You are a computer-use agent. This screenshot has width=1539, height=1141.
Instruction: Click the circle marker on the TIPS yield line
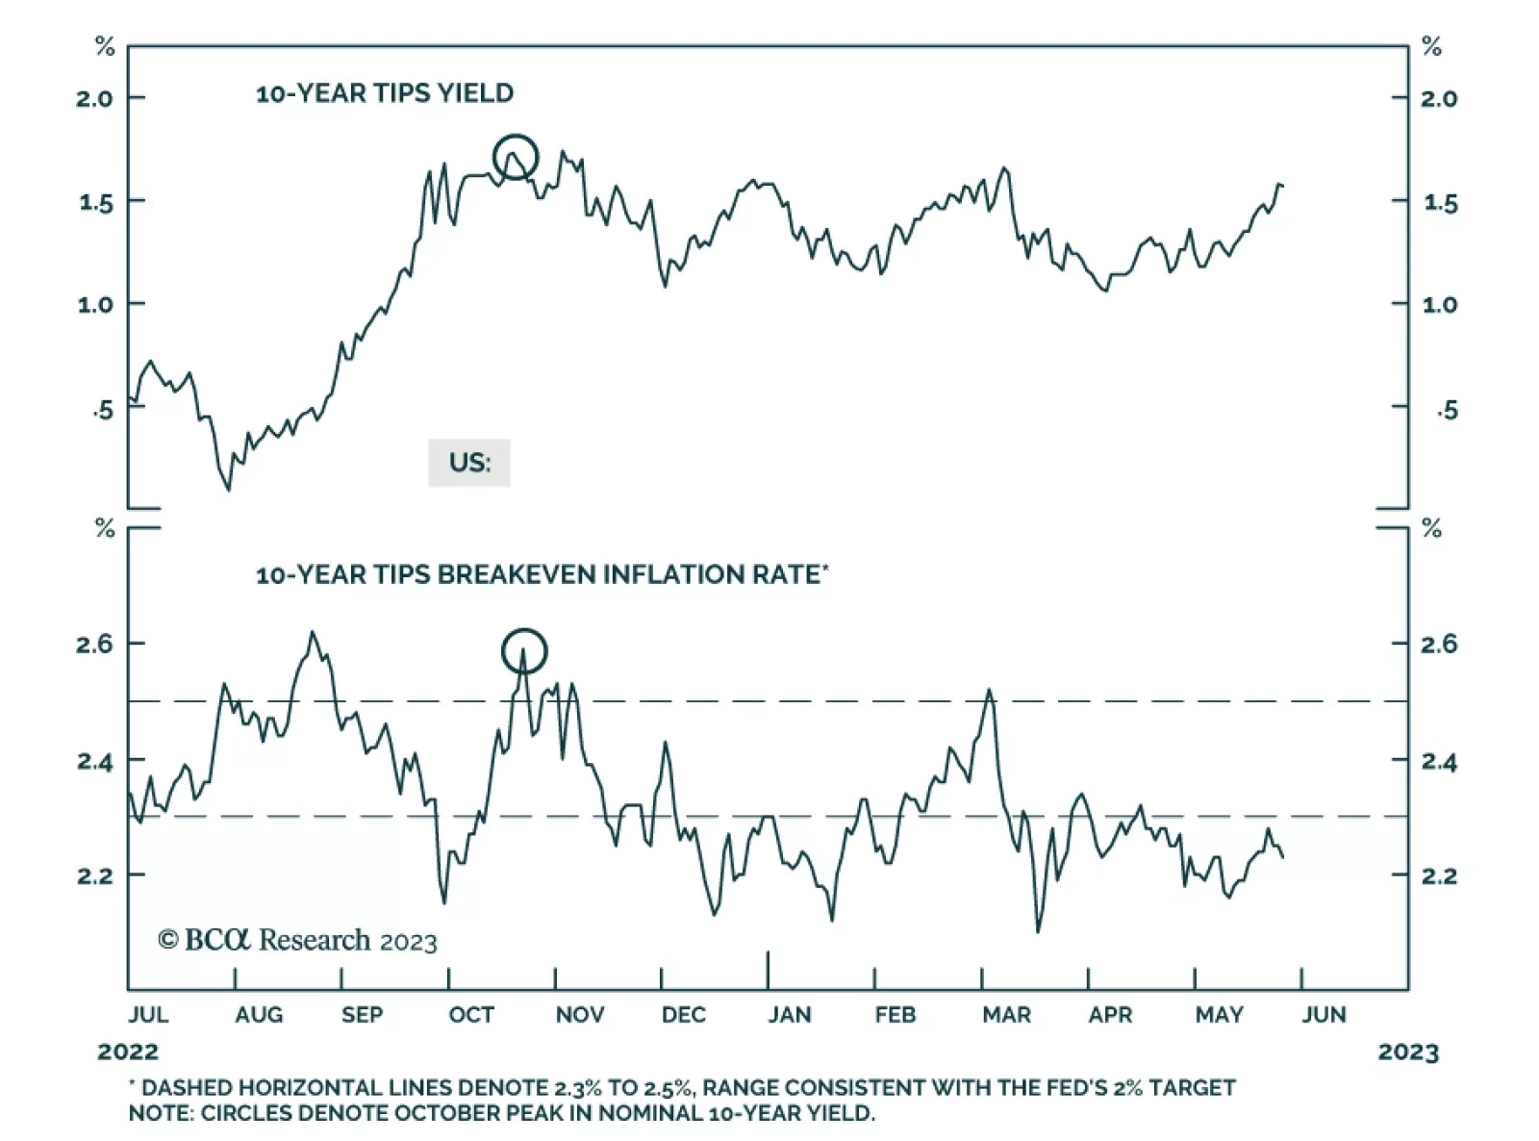click(x=516, y=158)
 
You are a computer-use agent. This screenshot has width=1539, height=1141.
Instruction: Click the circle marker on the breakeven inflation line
click(x=524, y=651)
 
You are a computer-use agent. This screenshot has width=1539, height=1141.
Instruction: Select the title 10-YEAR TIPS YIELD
click(x=385, y=93)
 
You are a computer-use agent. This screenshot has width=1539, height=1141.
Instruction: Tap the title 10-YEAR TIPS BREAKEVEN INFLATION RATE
click(x=542, y=575)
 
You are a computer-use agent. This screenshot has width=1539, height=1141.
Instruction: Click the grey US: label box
click(x=469, y=463)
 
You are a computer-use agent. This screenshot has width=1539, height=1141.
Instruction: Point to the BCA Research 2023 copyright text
click(x=298, y=940)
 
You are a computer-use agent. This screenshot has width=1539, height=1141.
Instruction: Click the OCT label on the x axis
click(x=471, y=1015)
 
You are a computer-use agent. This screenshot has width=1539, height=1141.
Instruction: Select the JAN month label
click(x=790, y=1015)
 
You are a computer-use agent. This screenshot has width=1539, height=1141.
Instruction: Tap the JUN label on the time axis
click(x=1325, y=1015)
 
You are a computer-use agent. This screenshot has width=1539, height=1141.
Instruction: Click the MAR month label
click(x=1006, y=1015)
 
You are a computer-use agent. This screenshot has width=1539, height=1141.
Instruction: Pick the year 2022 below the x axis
click(x=128, y=1052)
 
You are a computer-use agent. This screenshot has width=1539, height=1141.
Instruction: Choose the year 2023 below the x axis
click(x=1408, y=1052)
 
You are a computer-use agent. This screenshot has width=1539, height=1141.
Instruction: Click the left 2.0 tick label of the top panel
click(x=94, y=98)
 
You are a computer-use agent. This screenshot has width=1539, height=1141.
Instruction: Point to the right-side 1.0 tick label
click(x=1440, y=305)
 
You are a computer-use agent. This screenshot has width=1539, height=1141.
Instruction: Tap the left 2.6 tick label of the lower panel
click(x=94, y=644)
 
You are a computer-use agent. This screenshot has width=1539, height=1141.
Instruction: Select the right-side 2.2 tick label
click(x=1440, y=876)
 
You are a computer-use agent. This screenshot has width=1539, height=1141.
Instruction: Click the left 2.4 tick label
click(x=94, y=762)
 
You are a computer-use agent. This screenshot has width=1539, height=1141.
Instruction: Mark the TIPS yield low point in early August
click(x=228, y=490)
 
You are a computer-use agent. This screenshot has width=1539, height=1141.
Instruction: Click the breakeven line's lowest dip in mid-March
click(x=1038, y=930)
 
